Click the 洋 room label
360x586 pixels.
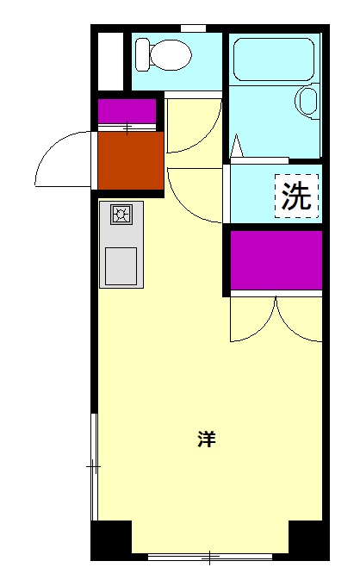(x=206, y=439)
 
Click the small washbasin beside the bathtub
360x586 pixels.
(x=307, y=100)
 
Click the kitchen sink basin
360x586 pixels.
(x=121, y=266)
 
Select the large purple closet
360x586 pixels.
(x=276, y=260)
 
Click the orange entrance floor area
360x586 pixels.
(x=130, y=160)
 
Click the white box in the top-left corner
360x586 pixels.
(x=110, y=60)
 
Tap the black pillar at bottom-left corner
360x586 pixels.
(x=111, y=540)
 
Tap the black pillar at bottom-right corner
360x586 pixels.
(x=307, y=540)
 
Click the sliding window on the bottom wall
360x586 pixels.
(x=209, y=556)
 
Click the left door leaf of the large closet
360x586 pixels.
(x=252, y=319)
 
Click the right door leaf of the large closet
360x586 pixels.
(x=299, y=319)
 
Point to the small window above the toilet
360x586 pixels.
(x=193, y=28)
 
